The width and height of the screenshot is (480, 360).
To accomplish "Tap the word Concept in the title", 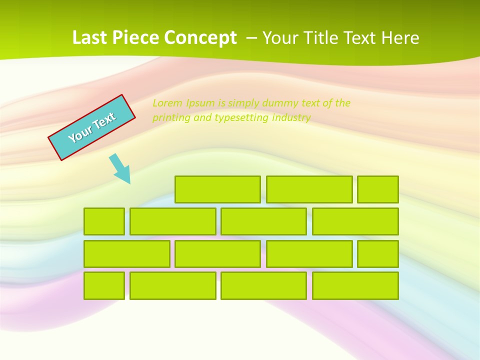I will click(201, 37).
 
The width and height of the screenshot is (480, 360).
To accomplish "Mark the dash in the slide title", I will click(252, 37).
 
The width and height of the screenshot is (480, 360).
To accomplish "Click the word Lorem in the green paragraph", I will click(167, 103).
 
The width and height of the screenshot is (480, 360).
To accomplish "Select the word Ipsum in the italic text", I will click(200, 103).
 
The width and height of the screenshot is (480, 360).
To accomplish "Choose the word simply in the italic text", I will click(245, 103).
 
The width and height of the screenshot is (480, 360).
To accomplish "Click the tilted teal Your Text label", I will click(92, 127).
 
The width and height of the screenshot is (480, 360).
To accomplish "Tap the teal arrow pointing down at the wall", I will click(120, 168).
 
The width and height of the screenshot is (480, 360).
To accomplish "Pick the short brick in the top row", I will click(377, 189).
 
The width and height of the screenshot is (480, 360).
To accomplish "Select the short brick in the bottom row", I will click(104, 286).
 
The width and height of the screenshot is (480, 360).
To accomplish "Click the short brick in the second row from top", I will click(104, 221).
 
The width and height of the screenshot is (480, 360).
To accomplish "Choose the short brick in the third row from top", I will click(377, 254).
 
